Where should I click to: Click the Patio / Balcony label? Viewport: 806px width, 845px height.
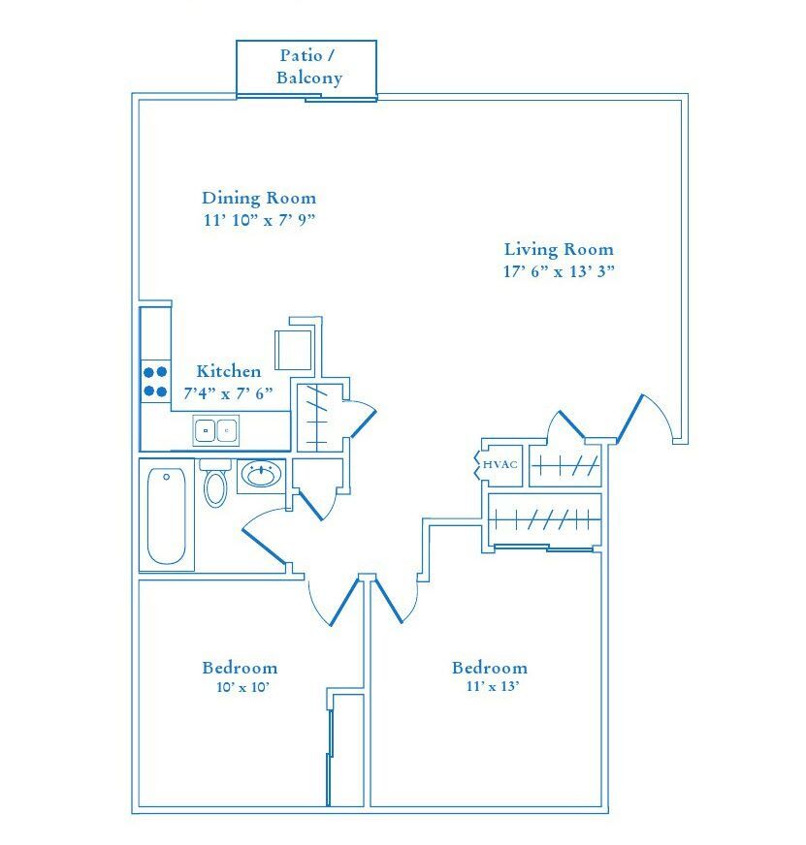click(x=308, y=67)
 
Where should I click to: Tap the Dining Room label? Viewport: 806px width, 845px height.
click(x=259, y=198)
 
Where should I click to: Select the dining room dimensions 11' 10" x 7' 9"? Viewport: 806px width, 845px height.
click(x=259, y=220)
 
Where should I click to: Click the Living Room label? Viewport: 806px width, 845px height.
click(x=559, y=249)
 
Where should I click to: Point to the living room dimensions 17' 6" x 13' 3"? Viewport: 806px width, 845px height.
click(x=559, y=271)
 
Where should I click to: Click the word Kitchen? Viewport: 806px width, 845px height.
click(x=229, y=371)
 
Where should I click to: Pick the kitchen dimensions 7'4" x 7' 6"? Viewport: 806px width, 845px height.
click(x=229, y=393)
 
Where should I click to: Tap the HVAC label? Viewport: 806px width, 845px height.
click(x=500, y=465)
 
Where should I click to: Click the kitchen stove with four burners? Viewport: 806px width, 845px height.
click(x=155, y=381)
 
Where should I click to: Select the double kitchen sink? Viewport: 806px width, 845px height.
click(x=215, y=429)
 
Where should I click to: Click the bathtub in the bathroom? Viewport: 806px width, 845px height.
click(x=166, y=516)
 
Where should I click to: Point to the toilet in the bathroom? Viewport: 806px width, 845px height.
click(x=214, y=485)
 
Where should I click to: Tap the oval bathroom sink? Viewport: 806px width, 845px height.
click(x=260, y=475)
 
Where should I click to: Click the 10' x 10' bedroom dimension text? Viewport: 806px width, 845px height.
click(x=240, y=688)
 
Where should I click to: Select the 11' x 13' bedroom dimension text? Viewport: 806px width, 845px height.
click(x=490, y=688)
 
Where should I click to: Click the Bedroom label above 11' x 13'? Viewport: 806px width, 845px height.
click(x=490, y=668)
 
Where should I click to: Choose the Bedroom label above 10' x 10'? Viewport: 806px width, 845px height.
click(x=240, y=668)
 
